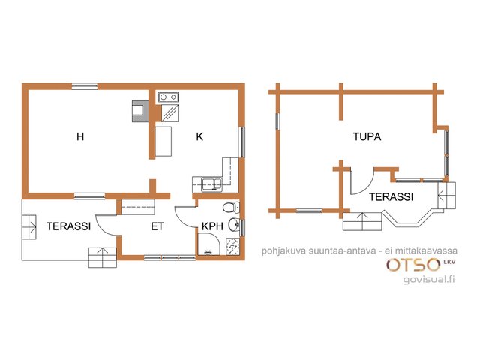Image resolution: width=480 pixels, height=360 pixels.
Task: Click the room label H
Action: (80, 136)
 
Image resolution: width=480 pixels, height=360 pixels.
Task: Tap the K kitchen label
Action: (199, 136)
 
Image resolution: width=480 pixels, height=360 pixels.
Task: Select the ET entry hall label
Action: (157, 226)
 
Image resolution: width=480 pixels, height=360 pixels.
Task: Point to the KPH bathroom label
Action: (212, 226)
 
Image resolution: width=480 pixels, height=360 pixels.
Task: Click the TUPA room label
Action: (367, 136)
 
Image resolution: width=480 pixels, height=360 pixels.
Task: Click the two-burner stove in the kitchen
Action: (168, 97)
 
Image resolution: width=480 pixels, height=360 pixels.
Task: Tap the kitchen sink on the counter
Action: (211, 184)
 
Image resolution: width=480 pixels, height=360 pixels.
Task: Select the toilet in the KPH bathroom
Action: (231, 208)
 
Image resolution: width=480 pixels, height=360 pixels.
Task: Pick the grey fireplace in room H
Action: (140, 111)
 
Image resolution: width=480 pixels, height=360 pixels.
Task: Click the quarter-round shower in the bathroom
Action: (208, 244)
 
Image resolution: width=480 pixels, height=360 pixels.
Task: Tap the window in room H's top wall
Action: (85, 86)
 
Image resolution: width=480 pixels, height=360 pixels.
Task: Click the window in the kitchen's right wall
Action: (241, 142)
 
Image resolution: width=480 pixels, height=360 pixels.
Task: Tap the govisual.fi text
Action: (429, 279)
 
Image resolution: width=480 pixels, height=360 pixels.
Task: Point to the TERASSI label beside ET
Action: (68, 226)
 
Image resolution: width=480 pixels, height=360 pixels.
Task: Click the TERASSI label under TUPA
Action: (391, 196)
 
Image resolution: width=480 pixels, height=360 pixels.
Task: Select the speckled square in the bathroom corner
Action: (233, 247)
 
